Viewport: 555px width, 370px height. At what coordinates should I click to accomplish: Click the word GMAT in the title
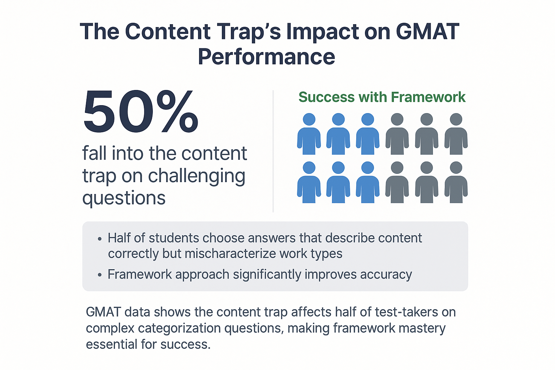pos(428,31)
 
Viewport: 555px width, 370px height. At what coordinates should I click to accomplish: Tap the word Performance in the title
pos(267,57)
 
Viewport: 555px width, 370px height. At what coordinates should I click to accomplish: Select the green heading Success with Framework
pos(382,97)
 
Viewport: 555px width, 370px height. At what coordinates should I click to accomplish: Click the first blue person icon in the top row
pos(309,134)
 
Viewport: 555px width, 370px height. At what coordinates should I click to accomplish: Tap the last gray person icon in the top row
pos(456,134)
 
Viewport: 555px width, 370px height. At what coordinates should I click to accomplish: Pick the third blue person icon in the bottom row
pos(368,182)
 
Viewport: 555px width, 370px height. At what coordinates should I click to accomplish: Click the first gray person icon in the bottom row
pos(397,182)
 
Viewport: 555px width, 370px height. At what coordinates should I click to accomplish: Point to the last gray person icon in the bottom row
pos(456,182)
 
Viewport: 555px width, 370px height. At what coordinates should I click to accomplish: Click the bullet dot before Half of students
pos(100,239)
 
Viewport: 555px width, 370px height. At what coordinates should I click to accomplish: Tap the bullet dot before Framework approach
pos(100,275)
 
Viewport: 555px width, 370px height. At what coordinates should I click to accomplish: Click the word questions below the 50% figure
pos(124,198)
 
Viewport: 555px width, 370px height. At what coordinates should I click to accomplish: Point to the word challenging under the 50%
pos(197,176)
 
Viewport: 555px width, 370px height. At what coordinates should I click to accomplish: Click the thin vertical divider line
pos(273,151)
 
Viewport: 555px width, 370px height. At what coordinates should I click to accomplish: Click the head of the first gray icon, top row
pos(397,119)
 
